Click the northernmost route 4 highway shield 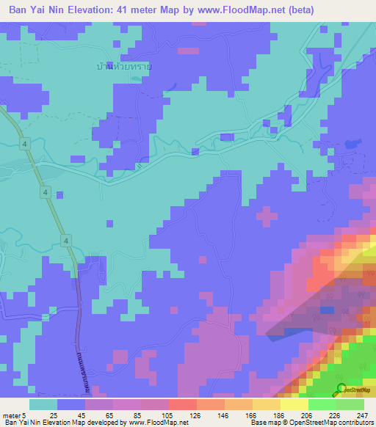[26, 145]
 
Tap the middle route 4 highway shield [46, 192]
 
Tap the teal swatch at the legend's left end [43, 404]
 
